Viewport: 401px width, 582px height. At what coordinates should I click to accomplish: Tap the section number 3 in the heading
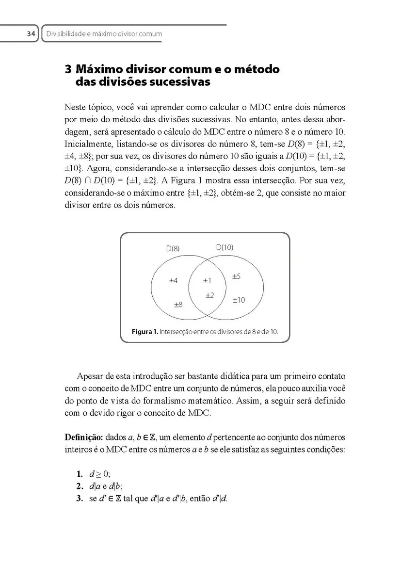68,69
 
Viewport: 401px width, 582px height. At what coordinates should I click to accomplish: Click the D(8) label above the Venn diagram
173,248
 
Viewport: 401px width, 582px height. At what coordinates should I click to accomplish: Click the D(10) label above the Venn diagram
225,247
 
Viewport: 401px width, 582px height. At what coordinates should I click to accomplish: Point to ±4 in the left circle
173,280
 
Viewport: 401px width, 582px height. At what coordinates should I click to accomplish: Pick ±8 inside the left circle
178,305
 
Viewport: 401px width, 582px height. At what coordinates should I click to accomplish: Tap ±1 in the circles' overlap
207,280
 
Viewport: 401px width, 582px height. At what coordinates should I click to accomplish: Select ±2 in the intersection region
210,295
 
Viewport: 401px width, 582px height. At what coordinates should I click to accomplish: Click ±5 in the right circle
236,276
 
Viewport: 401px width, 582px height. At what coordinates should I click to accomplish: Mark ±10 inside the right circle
238,300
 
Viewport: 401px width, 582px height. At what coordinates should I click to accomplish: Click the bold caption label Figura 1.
145,332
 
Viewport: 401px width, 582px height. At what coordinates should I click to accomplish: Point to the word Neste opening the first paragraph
75,106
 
